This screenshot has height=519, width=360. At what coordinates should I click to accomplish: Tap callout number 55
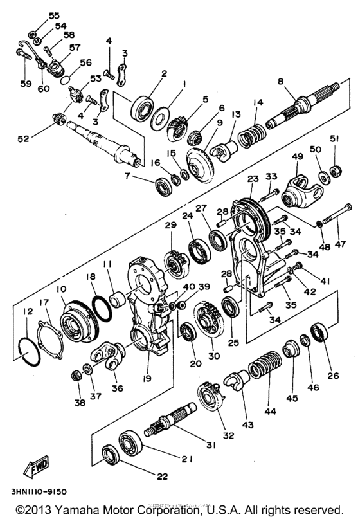[x=54, y=15]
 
